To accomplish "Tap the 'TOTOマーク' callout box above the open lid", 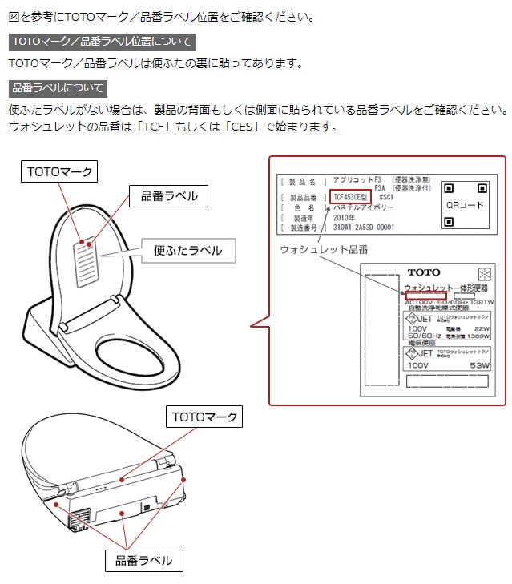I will coord(60,171).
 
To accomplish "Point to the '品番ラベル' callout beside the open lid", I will coord(168,195).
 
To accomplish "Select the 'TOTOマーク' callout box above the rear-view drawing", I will coord(205,417).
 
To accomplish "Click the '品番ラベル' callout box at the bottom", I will coord(144,560).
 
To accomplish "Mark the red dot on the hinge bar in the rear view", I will coord(121,477).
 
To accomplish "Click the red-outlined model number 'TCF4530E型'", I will coord(350,196).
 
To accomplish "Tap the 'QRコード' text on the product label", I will coord(466,205).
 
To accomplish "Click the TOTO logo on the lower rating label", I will coord(423,272).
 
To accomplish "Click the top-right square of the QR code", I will coord(482,188).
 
